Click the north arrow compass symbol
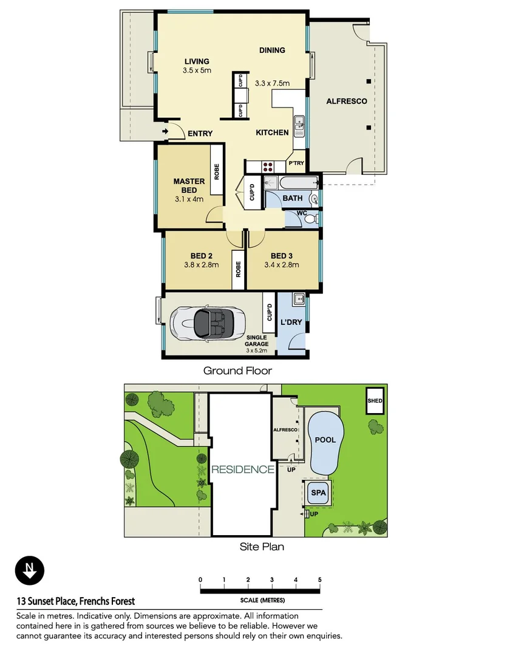[x=30, y=572]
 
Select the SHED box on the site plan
[x=375, y=401]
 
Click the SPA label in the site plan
[x=318, y=492]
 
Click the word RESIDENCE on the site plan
[x=242, y=469]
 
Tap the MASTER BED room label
[x=189, y=186]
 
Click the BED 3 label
[x=282, y=256]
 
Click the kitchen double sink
[x=299, y=126]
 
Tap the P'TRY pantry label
[x=296, y=163]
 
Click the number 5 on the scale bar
[x=319, y=579]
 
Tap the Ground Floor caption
[x=237, y=371]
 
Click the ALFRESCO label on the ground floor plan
[x=347, y=101]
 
